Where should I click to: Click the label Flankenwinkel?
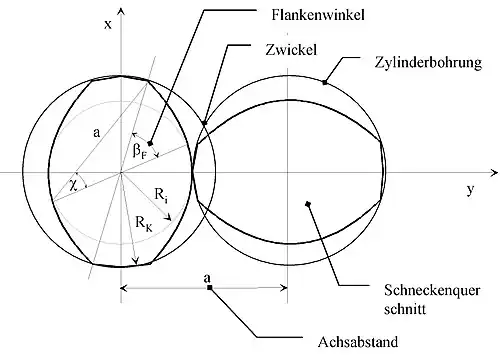tap(318, 15)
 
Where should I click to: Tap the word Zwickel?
tap(291, 50)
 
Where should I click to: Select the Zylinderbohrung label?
tap(428, 63)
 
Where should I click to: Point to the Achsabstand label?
tap(358, 342)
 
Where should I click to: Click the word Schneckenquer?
tap(432, 290)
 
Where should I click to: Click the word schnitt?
tap(405, 309)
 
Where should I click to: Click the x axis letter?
tap(108, 24)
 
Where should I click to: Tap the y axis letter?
tap(470, 190)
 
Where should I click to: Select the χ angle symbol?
tap(74, 185)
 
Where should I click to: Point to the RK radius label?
tap(144, 222)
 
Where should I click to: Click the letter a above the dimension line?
tap(207, 278)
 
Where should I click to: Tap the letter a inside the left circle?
tap(96, 133)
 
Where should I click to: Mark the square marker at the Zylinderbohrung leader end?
tap(325, 82)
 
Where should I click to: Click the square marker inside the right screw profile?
tap(308, 204)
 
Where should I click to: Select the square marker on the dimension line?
tap(209, 287)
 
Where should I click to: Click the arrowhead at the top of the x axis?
tap(121, 11)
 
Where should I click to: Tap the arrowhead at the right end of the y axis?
tap(494, 173)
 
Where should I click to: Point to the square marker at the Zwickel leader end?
tap(205, 123)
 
